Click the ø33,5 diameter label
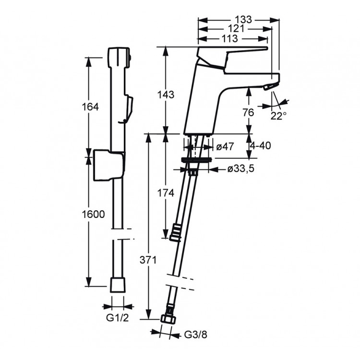click(x=240, y=169)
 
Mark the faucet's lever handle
click(x=234, y=53)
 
